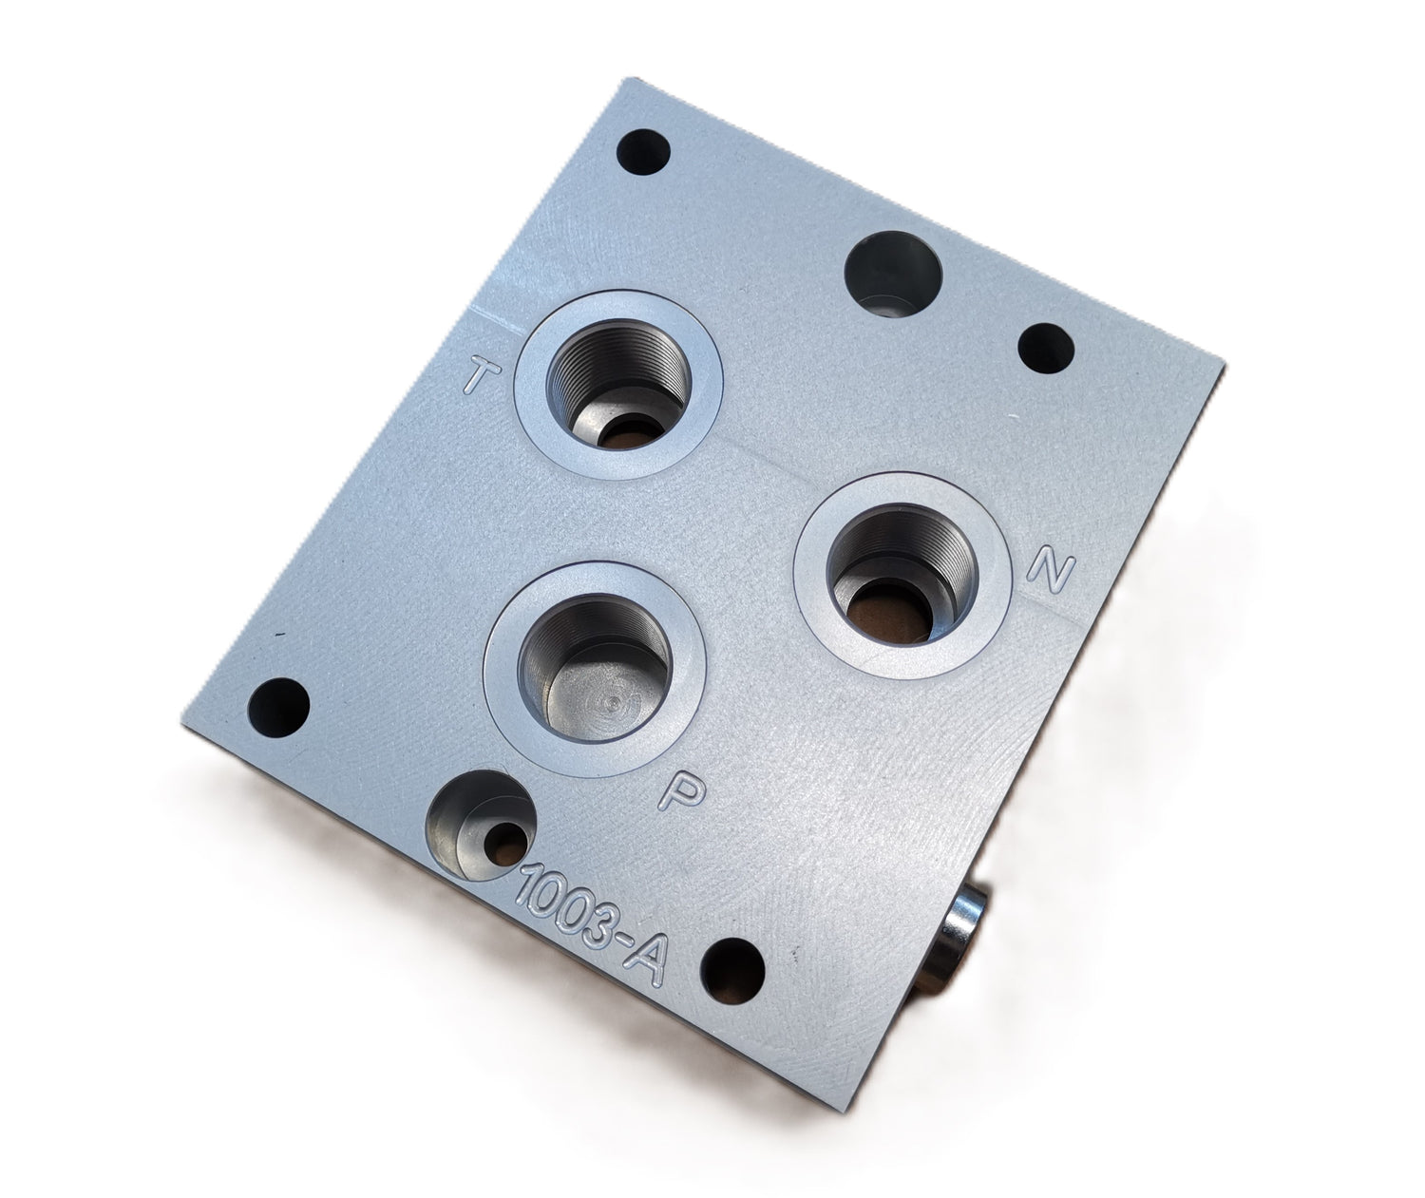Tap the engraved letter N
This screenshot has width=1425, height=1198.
[1052, 570]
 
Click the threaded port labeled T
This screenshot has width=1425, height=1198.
[617, 384]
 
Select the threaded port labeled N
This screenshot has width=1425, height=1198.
[900, 576]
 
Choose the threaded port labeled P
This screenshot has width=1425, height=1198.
[596, 669]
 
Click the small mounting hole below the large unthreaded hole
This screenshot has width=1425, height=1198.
[1046, 348]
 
